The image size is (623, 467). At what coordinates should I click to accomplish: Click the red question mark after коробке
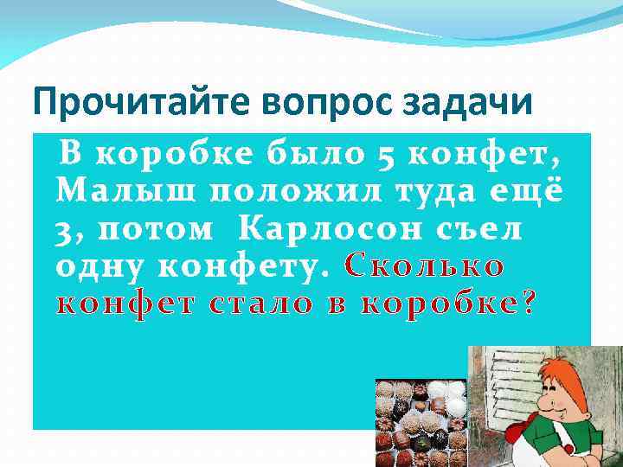(x=530, y=305)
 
